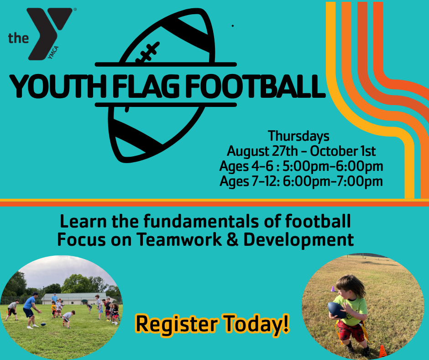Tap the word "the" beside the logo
coord(18,38)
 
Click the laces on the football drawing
coord(148,52)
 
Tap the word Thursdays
coord(298,136)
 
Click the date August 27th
coord(262,151)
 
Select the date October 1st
coord(343,151)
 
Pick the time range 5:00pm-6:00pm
coord(333,166)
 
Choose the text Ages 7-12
coord(249,181)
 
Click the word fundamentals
coord(201,222)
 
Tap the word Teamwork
coord(179,239)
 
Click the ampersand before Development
coord(233,239)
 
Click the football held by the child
coord(336,310)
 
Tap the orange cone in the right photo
coord(382,351)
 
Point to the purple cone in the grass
coord(333,289)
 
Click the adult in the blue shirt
coord(31,310)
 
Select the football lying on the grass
coord(43,324)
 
